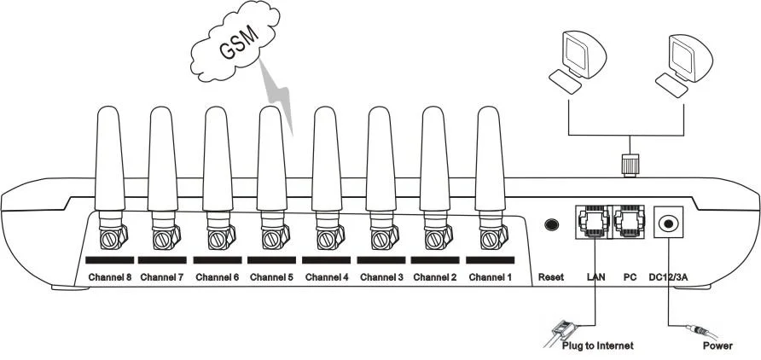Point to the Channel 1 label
pyautogui.click(x=490, y=277)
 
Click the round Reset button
pyautogui.click(x=553, y=224)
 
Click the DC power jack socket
pyautogui.click(x=670, y=224)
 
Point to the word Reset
pyautogui.click(x=551, y=277)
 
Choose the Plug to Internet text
pyautogui.click(x=597, y=346)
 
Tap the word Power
pyautogui.click(x=717, y=346)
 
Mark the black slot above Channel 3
pyautogui.click(x=382, y=258)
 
